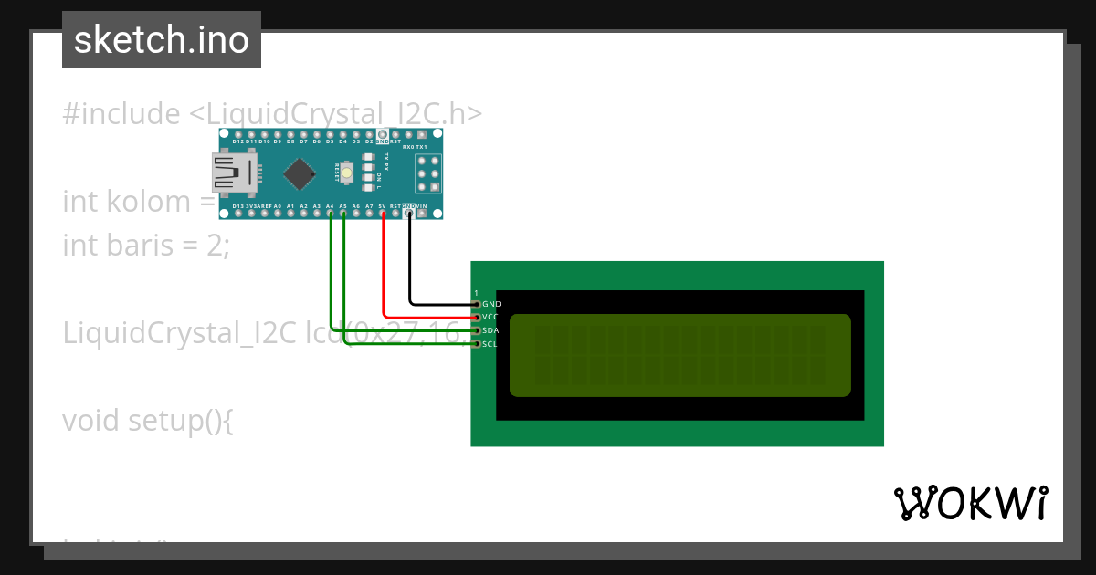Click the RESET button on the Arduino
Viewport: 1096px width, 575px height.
(x=347, y=172)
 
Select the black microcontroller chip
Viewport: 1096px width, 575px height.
(x=299, y=172)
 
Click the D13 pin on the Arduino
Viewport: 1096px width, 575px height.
(x=238, y=213)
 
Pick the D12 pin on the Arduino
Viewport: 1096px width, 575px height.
(x=238, y=135)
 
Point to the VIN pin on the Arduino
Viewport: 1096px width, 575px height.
(x=422, y=213)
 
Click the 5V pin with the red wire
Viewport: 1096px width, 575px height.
(x=383, y=213)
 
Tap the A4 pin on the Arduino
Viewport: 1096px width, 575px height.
(x=330, y=213)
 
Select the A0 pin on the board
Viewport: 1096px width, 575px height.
(x=278, y=213)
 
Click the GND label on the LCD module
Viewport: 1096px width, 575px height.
(x=491, y=304)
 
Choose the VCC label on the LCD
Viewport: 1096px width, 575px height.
(x=490, y=317)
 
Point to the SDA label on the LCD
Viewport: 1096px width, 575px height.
(x=490, y=330)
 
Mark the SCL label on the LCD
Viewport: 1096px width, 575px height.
(x=490, y=344)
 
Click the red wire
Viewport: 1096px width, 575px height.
(x=384, y=274)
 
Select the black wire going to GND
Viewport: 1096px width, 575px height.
(x=410, y=265)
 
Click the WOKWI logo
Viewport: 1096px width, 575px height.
(x=970, y=503)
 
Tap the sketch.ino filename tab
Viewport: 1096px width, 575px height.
(x=162, y=40)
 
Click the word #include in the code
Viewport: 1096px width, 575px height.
(x=121, y=114)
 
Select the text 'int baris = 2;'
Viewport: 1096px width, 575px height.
(x=146, y=245)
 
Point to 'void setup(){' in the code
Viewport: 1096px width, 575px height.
(x=148, y=421)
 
